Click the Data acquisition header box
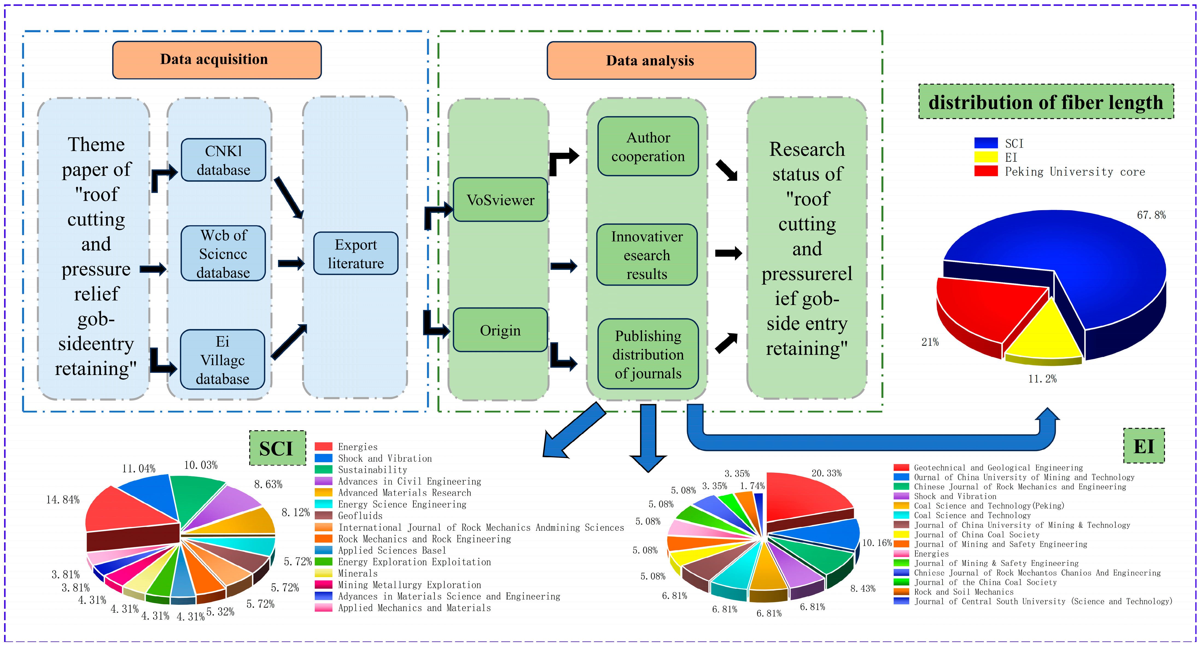(217, 60)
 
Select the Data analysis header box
(651, 61)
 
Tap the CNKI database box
(223, 160)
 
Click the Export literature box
(355, 253)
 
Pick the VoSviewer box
(500, 200)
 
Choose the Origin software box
(500, 330)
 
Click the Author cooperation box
(648, 146)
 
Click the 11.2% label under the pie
(1042, 379)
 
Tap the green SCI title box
(277, 448)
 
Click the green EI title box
(1144, 446)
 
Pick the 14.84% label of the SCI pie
(63, 500)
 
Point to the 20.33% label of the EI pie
(826, 473)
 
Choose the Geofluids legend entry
(360, 515)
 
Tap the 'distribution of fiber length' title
(1046, 102)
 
